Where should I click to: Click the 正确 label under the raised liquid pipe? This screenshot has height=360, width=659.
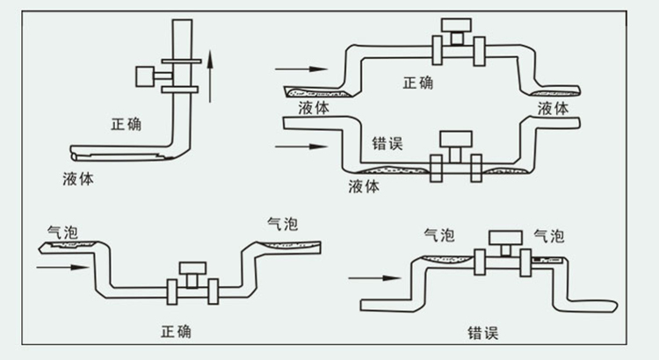(x=421, y=83)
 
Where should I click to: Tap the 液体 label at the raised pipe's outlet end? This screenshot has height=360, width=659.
(x=553, y=107)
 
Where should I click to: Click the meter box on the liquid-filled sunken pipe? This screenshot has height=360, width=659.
(x=455, y=140)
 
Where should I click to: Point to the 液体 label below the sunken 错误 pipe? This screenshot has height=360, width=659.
(x=364, y=185)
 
